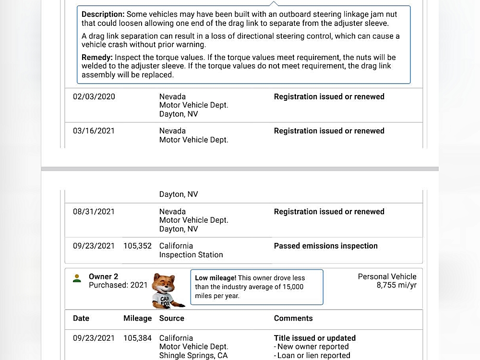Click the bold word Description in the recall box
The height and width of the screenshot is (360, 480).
point(103,14)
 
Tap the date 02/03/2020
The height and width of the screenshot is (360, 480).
point(94,96)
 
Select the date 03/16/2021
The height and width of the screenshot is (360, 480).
point(94,131)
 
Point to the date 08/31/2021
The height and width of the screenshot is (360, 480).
point(94,212)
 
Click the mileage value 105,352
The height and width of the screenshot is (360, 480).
point(137,246)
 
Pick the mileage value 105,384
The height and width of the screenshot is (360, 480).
point(137,338)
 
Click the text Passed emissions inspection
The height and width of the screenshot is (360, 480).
point(325,246)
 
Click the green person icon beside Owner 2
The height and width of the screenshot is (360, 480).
point(77,278)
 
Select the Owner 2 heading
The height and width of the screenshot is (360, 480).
point(103,276)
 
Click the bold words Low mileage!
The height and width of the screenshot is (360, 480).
point(215,278)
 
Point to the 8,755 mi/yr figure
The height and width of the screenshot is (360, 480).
point(396,285)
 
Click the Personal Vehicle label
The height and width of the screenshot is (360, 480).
point(387,276)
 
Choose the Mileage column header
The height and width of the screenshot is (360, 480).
point(137,318)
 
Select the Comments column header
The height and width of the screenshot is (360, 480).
point(293,318)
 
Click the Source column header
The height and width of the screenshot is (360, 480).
point(172,318)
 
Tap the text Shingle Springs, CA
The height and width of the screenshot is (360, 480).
point(193,355)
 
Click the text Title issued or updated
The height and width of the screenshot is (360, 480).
point(315,338)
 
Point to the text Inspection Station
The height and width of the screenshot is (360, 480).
point(191,255)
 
